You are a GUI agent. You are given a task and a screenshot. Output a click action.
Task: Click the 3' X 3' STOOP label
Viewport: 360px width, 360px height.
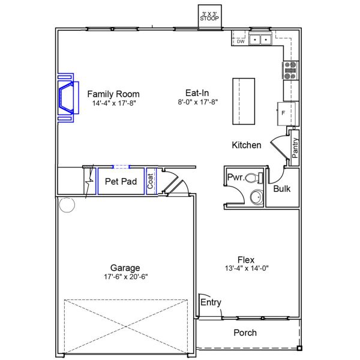click(209, 16)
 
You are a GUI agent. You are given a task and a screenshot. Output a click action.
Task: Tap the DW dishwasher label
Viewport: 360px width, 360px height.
click(241, 41)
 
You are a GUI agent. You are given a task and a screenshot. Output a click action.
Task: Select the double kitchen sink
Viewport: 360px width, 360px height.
click(260, 40)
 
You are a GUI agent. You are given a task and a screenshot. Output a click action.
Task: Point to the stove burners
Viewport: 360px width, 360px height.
click(290, 70)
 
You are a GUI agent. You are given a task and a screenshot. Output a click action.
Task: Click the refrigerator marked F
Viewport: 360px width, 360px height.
click(286, 113)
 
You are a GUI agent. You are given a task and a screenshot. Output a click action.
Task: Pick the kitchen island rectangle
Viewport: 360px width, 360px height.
click(244, 101)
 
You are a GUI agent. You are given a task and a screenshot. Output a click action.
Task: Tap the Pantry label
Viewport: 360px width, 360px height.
click(295, 148)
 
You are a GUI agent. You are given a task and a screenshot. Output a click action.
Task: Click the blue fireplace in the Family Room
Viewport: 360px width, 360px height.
click(68, 98)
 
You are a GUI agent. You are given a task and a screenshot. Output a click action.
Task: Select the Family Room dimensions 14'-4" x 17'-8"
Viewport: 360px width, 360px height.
click(114, 103)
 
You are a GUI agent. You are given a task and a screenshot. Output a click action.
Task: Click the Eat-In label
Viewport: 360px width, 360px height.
click(197, 93)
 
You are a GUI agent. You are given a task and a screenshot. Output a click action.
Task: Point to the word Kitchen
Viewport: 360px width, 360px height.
click(247, 145)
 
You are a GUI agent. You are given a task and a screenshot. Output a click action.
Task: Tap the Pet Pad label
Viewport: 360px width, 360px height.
click(121, 181)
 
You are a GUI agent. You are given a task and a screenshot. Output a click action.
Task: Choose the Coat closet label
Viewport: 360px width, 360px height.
click(150, 181)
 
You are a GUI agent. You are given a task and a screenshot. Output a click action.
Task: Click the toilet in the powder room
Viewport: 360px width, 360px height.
click(254, 178)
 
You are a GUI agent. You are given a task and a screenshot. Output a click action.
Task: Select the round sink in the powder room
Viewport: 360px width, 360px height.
click(256, 197)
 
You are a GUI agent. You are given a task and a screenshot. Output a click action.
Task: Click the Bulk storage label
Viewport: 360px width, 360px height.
click(282, 189)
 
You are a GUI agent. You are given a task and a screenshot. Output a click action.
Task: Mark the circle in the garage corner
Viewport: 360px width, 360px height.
click(67, 205)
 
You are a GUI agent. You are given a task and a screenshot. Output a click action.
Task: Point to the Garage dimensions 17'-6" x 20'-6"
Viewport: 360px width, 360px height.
click(126, 277)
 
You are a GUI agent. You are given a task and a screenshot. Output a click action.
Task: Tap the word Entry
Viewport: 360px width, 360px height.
click(211, 302)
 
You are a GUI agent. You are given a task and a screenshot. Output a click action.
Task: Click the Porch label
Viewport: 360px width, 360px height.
click(245, 332)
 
